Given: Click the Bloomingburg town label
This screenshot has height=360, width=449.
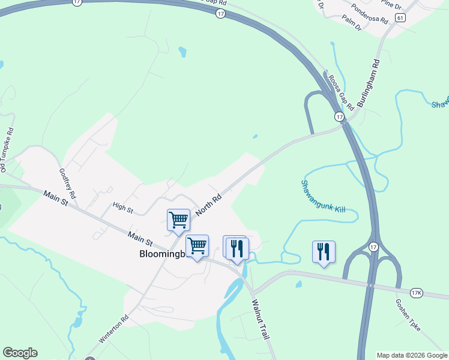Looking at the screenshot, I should click(x=158, y=254).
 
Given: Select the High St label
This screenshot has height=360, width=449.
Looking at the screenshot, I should click(x=122, y=208).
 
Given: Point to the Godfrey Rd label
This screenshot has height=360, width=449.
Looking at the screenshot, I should click(x=67, y=183).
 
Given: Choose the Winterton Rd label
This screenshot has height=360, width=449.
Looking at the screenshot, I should click(x=114, y=329).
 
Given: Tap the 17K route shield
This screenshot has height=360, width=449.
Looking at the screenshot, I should click(x=417, y=293).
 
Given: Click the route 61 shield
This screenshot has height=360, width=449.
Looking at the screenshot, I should click(x=400, y=18).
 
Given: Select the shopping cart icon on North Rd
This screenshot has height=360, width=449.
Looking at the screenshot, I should click(x=178, y=220).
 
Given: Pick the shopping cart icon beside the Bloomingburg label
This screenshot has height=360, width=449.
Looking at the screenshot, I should click(x=197, y=245).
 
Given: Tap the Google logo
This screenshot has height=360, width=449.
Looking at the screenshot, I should click(x=20, y=353).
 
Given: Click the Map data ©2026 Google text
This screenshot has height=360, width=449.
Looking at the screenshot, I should click(x=411, y=355).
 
